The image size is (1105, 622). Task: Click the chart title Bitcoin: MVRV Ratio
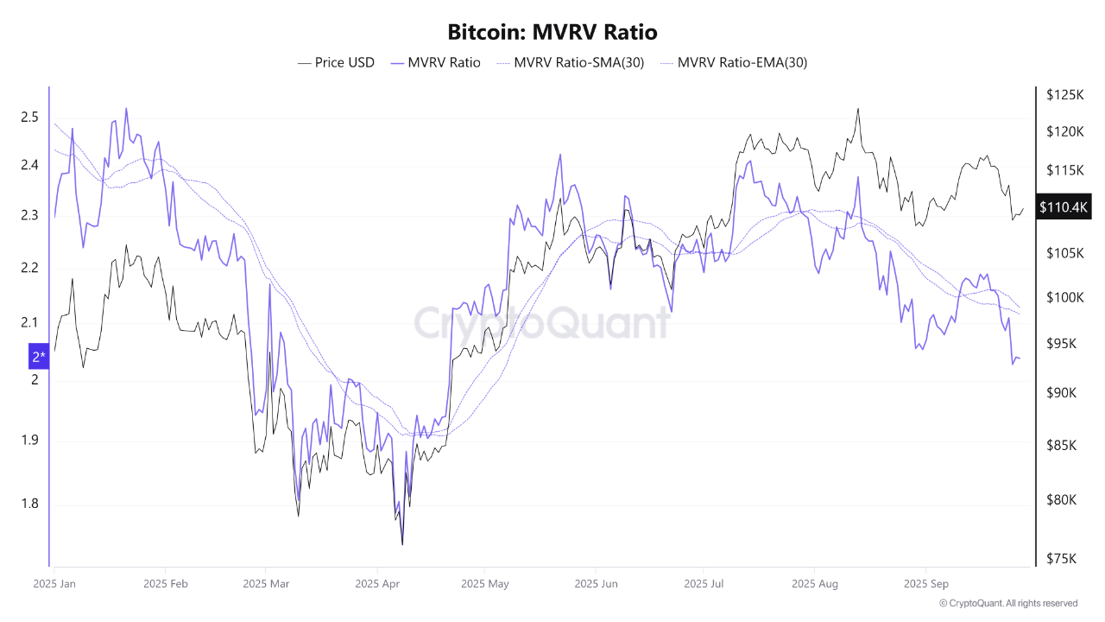pos(552,33)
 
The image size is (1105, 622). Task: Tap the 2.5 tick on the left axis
pos(29,117)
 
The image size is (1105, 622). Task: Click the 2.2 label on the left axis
pos(29,268)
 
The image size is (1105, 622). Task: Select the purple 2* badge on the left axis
pos(39,356)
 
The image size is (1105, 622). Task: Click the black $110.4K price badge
pos(1064,207)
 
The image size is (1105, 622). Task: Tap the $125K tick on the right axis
pos(1064,94)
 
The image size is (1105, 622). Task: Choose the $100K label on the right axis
pos(1064,298)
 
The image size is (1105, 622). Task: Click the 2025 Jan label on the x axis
pos(54,584)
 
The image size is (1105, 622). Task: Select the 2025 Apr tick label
pos(378,584)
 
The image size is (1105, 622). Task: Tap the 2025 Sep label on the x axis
pos(925,584)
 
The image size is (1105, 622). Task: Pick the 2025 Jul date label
pos(703,584)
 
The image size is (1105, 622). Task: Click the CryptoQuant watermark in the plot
pos(542,323)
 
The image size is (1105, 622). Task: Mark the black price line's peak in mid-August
pos(858,109)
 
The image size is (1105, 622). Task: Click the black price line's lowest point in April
pos(402,544)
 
